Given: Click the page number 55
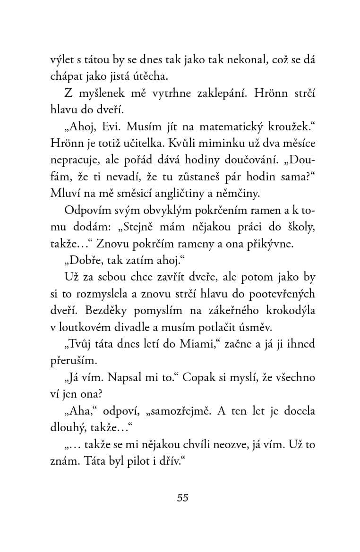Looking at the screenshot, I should coord(183,498).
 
